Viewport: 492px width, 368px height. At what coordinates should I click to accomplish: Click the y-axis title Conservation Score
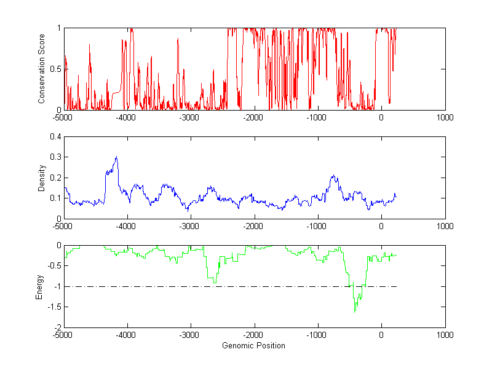tap(42, 68)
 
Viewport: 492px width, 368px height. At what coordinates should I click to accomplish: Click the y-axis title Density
tap(42, 178)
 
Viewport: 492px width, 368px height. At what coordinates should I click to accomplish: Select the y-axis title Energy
tap(39, 286)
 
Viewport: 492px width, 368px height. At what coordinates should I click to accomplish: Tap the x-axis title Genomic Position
tap(253, 345)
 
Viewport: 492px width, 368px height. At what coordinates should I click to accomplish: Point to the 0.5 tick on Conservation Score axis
tap(55, 69)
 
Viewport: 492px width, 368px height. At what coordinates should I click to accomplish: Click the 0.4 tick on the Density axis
tap(55, 137)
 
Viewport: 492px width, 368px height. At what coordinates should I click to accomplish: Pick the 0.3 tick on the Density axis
tap(55, 157)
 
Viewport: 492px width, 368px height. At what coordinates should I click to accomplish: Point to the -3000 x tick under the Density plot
tap(191, 226)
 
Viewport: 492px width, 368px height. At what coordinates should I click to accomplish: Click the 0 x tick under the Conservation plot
tap(381, 117)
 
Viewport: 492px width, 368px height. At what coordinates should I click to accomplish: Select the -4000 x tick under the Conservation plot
tap(127, 117)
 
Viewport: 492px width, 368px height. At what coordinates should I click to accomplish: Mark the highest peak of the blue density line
tap(116, 157)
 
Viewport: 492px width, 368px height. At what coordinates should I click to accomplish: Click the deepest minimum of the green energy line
tap(355, 313)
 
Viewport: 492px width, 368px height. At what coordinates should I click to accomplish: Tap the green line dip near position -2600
tap(215, 282)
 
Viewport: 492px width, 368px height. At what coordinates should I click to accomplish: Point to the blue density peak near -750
tap(333, 176)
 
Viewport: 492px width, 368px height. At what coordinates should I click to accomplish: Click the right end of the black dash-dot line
tap(397, 286)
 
